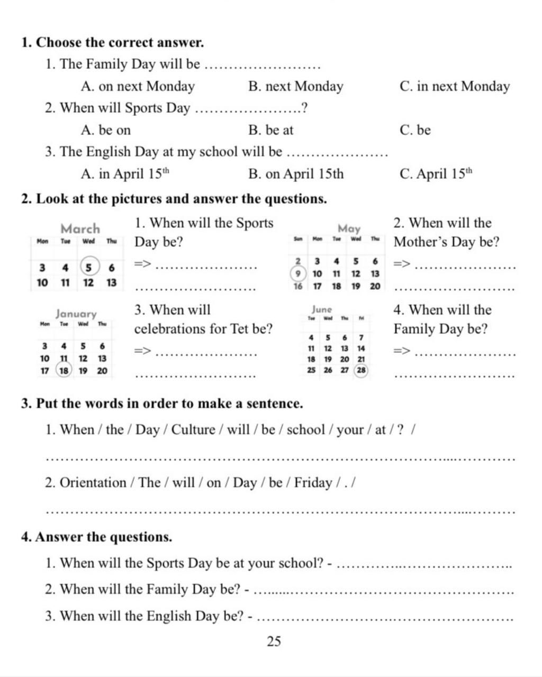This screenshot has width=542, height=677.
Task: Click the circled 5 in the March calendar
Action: (88, 267)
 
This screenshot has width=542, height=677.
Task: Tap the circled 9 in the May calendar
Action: (298, 273)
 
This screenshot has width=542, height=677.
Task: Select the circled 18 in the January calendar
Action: (64, 371)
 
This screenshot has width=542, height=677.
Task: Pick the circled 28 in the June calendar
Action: (361, 370)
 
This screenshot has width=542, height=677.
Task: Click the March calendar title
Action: (80, 228)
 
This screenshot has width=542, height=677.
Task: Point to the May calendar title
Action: (349, 228)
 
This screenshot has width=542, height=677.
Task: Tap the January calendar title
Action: (76, 314)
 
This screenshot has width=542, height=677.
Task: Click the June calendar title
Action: (322, 309)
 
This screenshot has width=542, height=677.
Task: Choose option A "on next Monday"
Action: (138, 86)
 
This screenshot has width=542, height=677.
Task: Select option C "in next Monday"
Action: (455, 86)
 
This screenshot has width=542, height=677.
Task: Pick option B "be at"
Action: (270, 130)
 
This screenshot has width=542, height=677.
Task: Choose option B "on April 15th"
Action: (296, 173)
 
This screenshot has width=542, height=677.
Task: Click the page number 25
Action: (274, 642)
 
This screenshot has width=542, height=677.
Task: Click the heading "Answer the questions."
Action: (97, 537)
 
